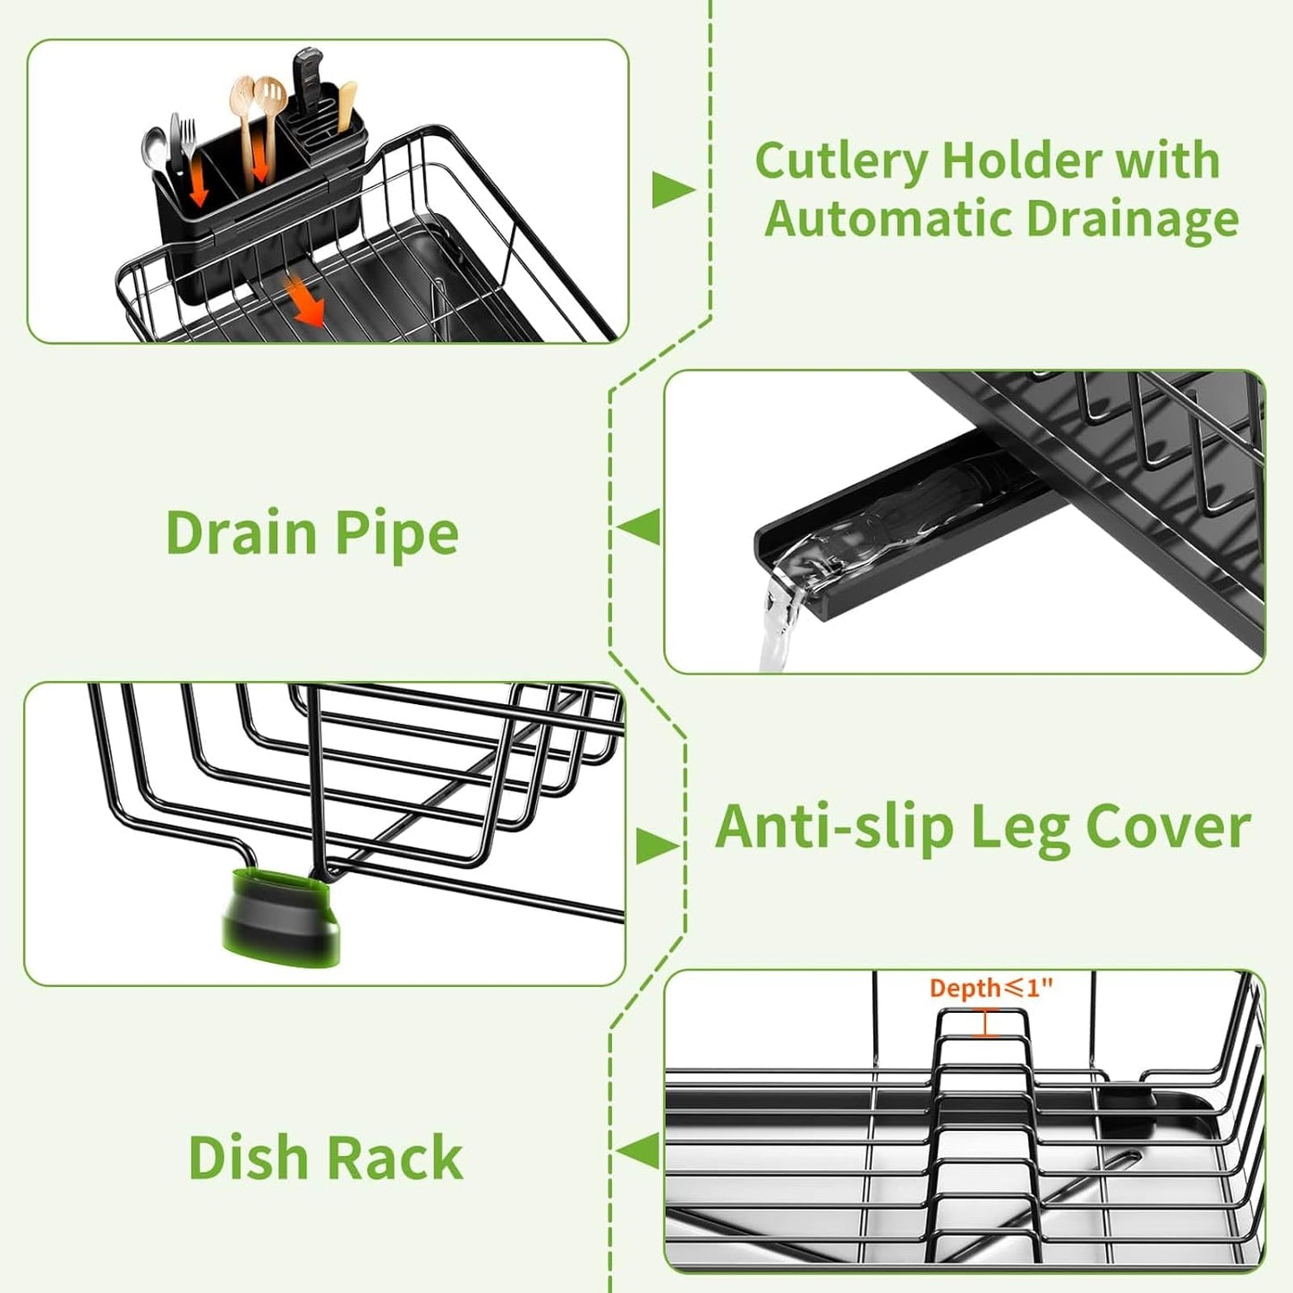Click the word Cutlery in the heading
[841, 163]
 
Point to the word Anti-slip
[834, 827]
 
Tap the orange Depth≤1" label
[991, 988]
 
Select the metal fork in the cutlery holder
[187, 143]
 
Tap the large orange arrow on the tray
[303, 299]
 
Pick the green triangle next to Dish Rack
[641, 1151]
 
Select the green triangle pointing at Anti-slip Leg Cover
[656, 846]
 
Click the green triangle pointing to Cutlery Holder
[671, 189]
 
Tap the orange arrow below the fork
[200, 183]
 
